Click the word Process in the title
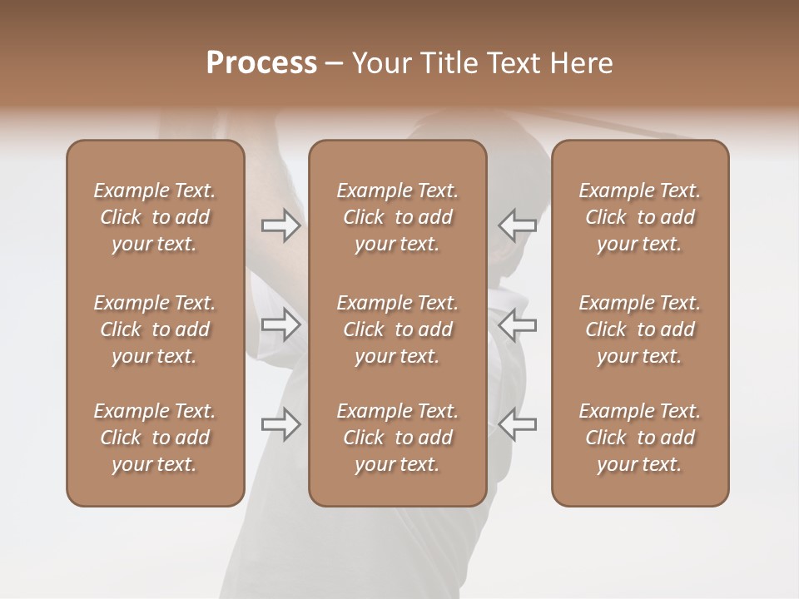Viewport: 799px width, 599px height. click(261, 62)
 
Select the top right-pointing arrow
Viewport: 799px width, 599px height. click(280, 225)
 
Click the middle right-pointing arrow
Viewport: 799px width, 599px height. click(280, 324)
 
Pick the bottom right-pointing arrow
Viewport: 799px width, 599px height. click(280, 424)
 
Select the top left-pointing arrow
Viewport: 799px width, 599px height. click(518, 225)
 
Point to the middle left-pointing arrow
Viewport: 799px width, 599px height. click(518, 324)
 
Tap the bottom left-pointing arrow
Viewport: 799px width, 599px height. click(518, 424)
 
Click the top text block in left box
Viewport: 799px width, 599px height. click(155, 217)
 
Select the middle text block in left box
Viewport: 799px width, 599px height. click(155, 329)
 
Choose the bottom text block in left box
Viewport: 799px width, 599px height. click(155, 438)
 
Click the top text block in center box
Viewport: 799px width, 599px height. click(398, 217)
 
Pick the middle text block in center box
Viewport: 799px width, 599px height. click(398, 329)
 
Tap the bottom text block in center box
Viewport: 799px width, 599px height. click(398, 438)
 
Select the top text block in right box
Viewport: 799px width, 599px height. click(640, 217)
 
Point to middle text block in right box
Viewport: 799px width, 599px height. click(640, 329)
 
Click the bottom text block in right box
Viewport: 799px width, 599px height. click(640, 438)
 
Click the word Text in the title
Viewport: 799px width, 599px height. click(509, 62)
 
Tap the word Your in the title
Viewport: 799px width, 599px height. click(381, 62)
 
